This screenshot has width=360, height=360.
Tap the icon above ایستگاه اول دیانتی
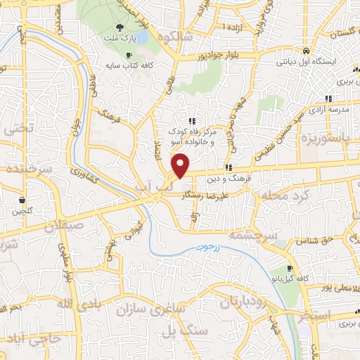pos(307,51)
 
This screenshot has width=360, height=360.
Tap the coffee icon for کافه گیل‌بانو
pos(290,269)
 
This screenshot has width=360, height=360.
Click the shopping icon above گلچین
pos(23,200)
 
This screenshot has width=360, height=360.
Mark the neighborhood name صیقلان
pos(63,227)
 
